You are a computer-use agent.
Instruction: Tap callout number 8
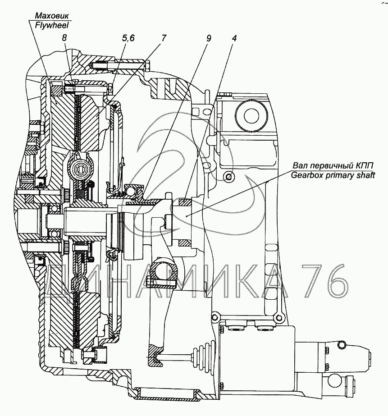pos(65,38)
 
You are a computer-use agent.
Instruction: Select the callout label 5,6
pos(128,38)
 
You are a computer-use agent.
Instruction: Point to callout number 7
pos(163,38)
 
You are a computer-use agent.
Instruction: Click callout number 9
pos(208,38)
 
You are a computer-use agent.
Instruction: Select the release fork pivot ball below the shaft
pos(163,273)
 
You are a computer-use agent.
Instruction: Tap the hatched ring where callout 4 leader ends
pos(184,203)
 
